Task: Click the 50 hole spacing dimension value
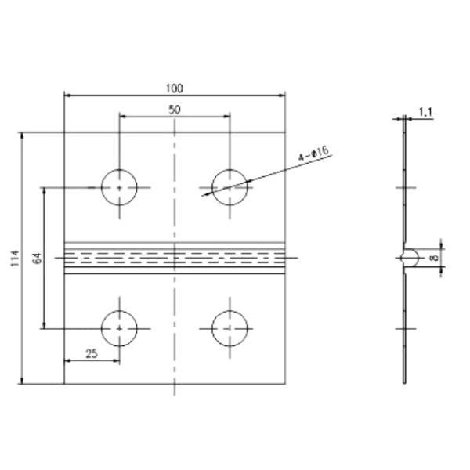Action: point(174,109)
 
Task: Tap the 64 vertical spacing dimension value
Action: point(37,259)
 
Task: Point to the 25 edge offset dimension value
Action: point(91,354)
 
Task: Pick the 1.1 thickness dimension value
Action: point(425,113)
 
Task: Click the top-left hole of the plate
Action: point(119,188)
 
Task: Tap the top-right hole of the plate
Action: point(230,188)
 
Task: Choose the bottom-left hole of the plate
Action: point(119,327)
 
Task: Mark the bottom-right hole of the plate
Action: point(230,327)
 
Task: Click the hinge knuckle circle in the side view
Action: point(406,257)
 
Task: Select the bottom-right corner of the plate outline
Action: point(285,384)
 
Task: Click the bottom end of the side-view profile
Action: point(404,382)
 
